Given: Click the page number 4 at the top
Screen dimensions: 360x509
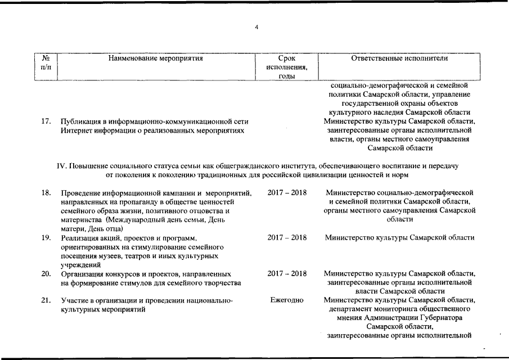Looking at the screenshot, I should (x=256, y=28).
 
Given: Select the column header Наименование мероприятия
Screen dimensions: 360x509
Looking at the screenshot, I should (x=156, y=57).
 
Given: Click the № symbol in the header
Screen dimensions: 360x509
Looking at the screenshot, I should (x=46, y=57).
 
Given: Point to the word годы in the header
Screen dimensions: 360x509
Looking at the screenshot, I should (x=287, y=76).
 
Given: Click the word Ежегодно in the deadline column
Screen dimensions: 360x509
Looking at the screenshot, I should (x=287, y=300).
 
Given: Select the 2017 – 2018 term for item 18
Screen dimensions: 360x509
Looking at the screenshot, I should (x=287, y=193).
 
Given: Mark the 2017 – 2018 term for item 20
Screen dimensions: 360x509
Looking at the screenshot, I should (x=287, y=273).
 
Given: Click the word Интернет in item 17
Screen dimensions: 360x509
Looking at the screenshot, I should (x=77, y=130).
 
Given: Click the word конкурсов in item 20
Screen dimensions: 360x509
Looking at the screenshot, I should (x=120, y=273).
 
